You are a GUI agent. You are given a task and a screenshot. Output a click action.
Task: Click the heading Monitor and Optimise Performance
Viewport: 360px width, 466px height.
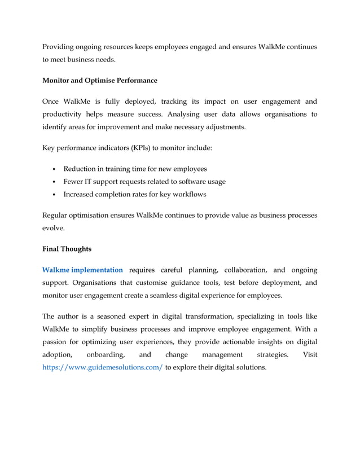click(100, 81)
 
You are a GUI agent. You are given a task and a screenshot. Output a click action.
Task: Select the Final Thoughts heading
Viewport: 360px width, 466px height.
click(67, 249)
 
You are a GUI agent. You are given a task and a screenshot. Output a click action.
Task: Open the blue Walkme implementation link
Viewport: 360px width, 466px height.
click(82, 270)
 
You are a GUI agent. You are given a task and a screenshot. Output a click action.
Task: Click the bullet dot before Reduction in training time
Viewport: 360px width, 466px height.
click(53, 169)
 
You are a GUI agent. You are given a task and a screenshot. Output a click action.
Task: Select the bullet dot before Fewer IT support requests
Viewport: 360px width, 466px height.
click(53, 182)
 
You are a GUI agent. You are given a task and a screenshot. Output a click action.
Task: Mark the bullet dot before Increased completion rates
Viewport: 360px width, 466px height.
click(53, 195)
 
